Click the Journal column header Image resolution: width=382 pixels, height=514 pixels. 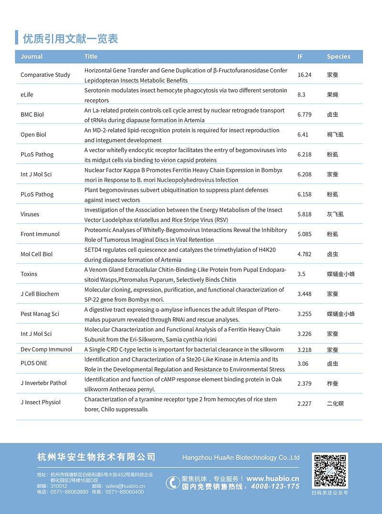point(32,56)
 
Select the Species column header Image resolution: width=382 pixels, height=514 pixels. point(339,56)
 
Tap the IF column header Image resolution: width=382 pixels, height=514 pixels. point(300,56)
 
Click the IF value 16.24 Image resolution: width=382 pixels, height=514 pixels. point(304,75)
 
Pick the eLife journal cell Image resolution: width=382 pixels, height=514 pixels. point(27,95)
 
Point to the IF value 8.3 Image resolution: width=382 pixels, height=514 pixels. point(301,95)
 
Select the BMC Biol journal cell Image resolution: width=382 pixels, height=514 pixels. point(32,115)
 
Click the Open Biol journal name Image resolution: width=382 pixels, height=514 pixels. point(33,134)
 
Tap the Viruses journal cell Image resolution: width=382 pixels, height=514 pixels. point(30,214)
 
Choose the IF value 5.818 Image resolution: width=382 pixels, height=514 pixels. point(304,214)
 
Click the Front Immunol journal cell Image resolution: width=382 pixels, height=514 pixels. point(40,234)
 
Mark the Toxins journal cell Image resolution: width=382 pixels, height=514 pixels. point(29,274)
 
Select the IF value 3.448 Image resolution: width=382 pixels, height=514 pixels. point(304,294)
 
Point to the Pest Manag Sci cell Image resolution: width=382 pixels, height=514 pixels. point(40,314)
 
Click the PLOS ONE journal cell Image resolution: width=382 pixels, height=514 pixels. point(34,363)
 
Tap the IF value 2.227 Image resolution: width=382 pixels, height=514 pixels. point(304,403)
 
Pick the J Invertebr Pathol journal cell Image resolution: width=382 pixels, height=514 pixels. point(43,383)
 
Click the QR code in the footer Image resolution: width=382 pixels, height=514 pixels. point(329,471)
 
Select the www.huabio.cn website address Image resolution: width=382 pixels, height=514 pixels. point(273,478)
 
